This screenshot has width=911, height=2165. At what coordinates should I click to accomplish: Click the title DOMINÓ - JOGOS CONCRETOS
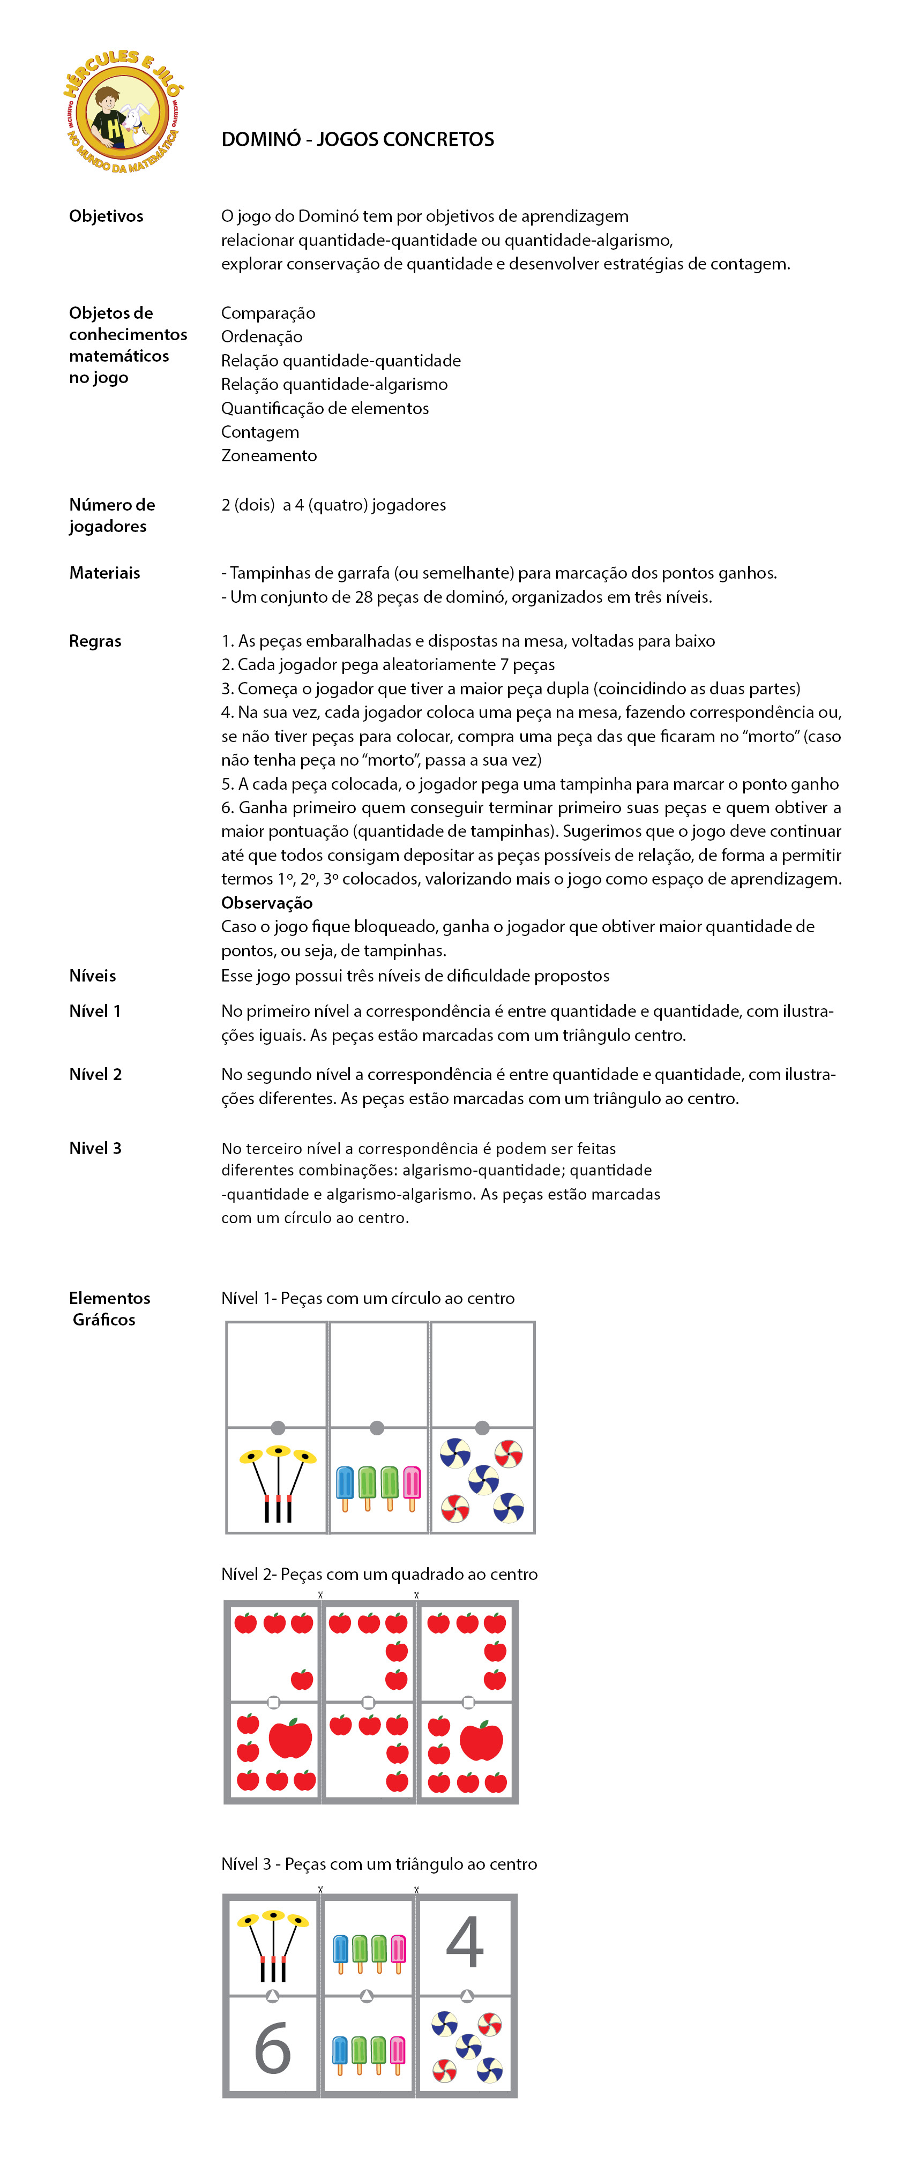pyautogui.click(x=357, y=139)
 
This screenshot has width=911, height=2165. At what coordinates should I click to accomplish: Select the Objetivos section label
pyautogui.click(x=106, y=216)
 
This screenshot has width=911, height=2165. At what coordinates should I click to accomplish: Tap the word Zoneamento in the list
pyautogui.click(x=269, y=455)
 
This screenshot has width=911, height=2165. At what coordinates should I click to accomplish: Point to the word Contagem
pyautogui.click(x=260, y=432)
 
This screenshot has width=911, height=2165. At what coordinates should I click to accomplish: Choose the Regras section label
pyautogui.click(x=95, y=641)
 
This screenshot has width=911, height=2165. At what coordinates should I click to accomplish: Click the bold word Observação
pyautogui.click(x=266, y=903)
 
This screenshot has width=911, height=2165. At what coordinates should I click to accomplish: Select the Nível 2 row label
pyautogui.click(x=95, y=1074)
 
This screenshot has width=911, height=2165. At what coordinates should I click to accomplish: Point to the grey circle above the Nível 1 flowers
pyautogui.click(x=278, y=1427)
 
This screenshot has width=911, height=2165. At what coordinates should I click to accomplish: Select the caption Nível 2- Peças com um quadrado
pyautogui.click(x=379, y=1574)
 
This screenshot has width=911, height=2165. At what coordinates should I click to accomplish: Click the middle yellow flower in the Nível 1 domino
pyautogui.click(x=278, y=1451)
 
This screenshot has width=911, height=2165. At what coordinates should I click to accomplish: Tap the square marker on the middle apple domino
pyautogui.click(x=368, y=1703)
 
